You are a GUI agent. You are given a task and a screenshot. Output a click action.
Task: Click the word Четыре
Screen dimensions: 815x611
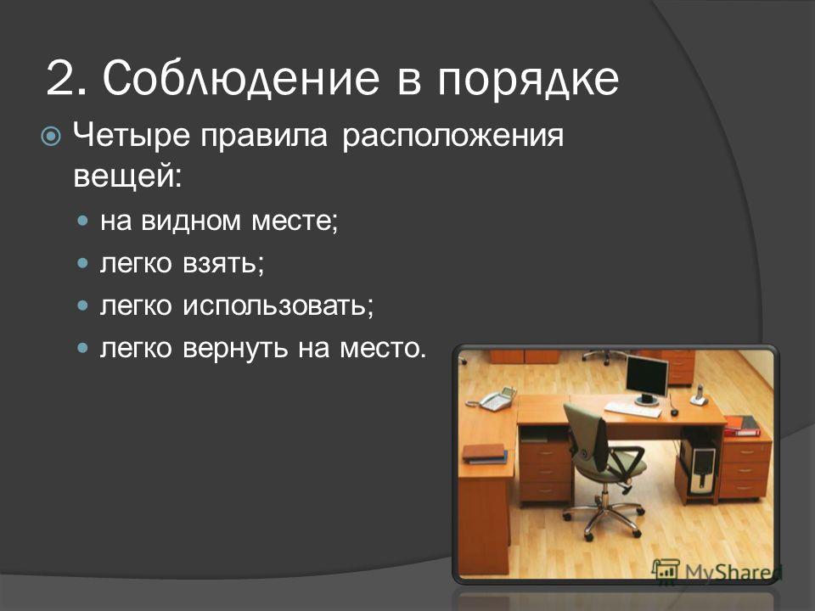pos(132,136)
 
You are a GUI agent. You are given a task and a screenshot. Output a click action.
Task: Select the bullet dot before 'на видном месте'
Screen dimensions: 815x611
pos(82,221)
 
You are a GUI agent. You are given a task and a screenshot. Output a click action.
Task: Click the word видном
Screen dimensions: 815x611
pos(191,221)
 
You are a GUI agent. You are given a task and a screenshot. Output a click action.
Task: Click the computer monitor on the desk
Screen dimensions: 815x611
pos(647,378)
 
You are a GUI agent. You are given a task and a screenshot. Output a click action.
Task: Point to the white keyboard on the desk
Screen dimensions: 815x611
pos(633,409)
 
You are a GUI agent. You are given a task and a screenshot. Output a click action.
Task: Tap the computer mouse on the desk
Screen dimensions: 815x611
pos(675,412)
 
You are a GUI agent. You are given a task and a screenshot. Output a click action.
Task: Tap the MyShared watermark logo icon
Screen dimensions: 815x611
pos(666,571)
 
